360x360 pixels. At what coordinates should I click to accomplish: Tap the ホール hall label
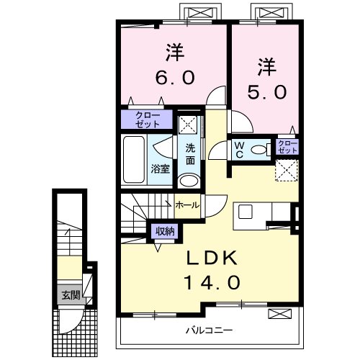188,204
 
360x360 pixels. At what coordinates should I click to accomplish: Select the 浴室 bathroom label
160,168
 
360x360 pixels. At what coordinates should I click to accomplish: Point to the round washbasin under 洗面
189,181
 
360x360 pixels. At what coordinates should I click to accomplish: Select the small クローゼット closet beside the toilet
287,148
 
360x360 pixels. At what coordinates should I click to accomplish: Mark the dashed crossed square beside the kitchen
287,172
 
